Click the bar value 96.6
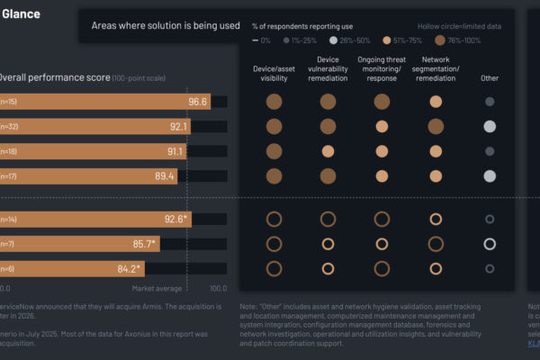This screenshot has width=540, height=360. point(198,102)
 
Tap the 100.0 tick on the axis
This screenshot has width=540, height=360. point(218,289)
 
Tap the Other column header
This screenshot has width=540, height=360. point(490,78)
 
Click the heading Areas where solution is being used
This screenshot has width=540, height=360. point(166,26)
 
